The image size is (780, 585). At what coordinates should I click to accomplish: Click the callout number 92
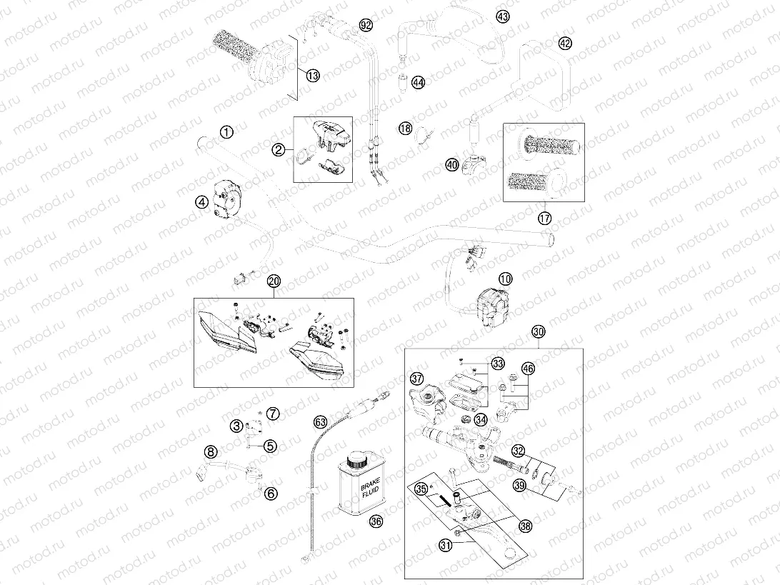point(366,25)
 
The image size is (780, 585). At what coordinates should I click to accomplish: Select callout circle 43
point(503,16)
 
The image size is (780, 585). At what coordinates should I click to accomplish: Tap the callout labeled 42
point(564,44)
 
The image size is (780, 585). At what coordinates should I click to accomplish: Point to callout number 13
point(312,76)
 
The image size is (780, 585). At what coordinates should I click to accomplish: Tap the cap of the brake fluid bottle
point(356,459)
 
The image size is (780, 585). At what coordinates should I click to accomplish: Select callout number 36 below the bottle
point(376,522)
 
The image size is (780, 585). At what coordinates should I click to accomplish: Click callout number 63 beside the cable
point(320,422)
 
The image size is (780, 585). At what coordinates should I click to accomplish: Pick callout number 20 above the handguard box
point(274,281)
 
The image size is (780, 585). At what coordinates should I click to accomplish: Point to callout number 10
point(506,279)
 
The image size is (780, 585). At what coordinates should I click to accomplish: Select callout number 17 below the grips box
point(545,218)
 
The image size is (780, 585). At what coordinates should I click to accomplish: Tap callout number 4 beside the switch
point(201,202)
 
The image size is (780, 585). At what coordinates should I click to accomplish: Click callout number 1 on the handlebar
point(226,132)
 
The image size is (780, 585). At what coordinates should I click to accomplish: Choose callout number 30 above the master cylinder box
point(539,331)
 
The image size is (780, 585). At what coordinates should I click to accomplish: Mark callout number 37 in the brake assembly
point(416,379)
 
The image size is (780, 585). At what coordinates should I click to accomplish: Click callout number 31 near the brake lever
point(446,545)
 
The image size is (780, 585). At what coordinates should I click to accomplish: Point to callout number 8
point(211,451)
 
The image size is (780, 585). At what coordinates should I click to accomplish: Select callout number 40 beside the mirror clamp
point(451,165)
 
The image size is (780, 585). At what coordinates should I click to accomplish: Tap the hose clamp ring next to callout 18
point(422,134)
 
